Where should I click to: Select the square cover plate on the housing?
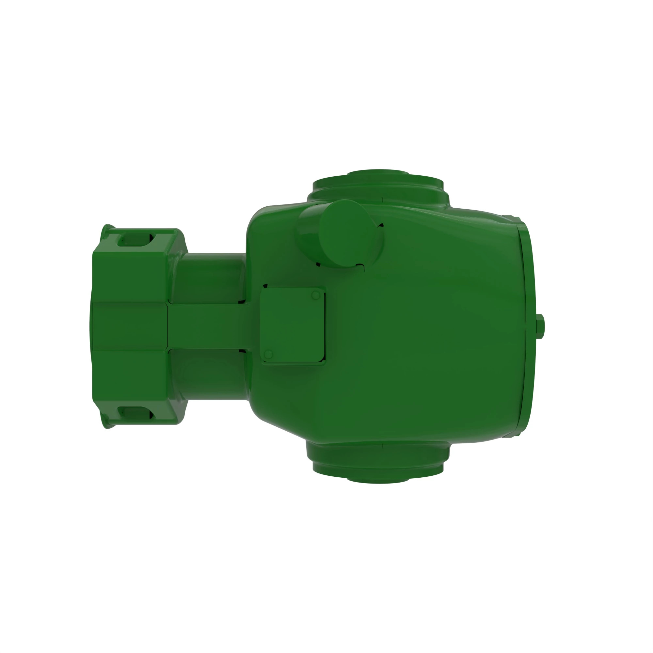tap(293, 326)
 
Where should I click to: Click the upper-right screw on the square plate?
tap(315, 295)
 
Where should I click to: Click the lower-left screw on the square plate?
tap(268, 355)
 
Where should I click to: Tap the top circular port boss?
tap(378, 183)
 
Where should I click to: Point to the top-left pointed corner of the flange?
tap(107, 227)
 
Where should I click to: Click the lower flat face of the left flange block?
tap(130, 375)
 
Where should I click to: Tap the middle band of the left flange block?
tap(130, 326)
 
